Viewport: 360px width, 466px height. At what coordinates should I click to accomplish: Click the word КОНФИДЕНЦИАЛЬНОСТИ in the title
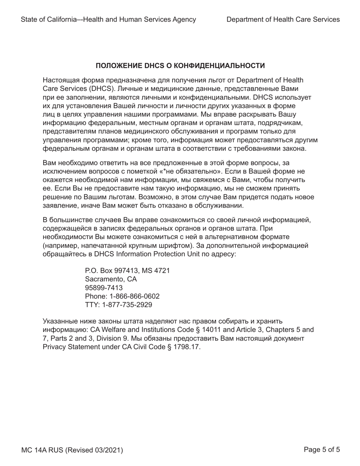point(214,66)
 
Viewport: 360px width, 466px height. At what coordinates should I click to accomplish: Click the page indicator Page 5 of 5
point(322,450)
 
